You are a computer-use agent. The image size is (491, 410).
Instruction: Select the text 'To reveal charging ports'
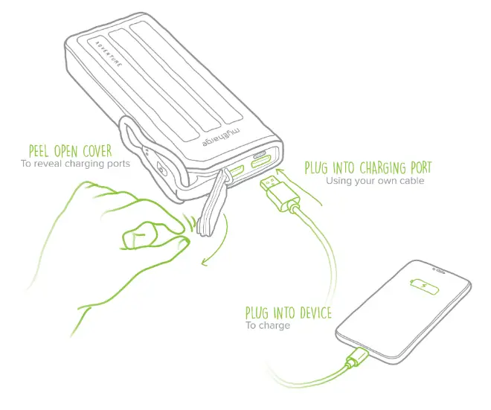coord(74,164)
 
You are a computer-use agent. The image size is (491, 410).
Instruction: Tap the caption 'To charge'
coord(268,325)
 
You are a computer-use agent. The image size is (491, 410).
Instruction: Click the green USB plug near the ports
coord(280,190)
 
